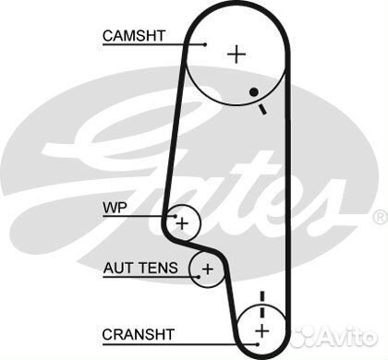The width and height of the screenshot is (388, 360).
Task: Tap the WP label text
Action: pyautogui.click(x=112, y=207)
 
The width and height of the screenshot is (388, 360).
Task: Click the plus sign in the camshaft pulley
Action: pyautogui.click(x=237, y=54)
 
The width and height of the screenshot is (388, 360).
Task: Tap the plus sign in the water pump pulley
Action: pyautogui.click(x=183, y=222)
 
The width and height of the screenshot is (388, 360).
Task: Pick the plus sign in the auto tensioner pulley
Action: pyautogui.click(x=207, y=270)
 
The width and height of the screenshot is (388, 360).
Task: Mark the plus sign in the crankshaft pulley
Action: pyautogui.click(x=261, y=330)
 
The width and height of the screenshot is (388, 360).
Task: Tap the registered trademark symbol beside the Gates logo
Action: pyautogui.click(x=379, y=217)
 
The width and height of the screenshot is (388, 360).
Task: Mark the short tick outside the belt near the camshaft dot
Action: pyautogui.click(x=263, y=109)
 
